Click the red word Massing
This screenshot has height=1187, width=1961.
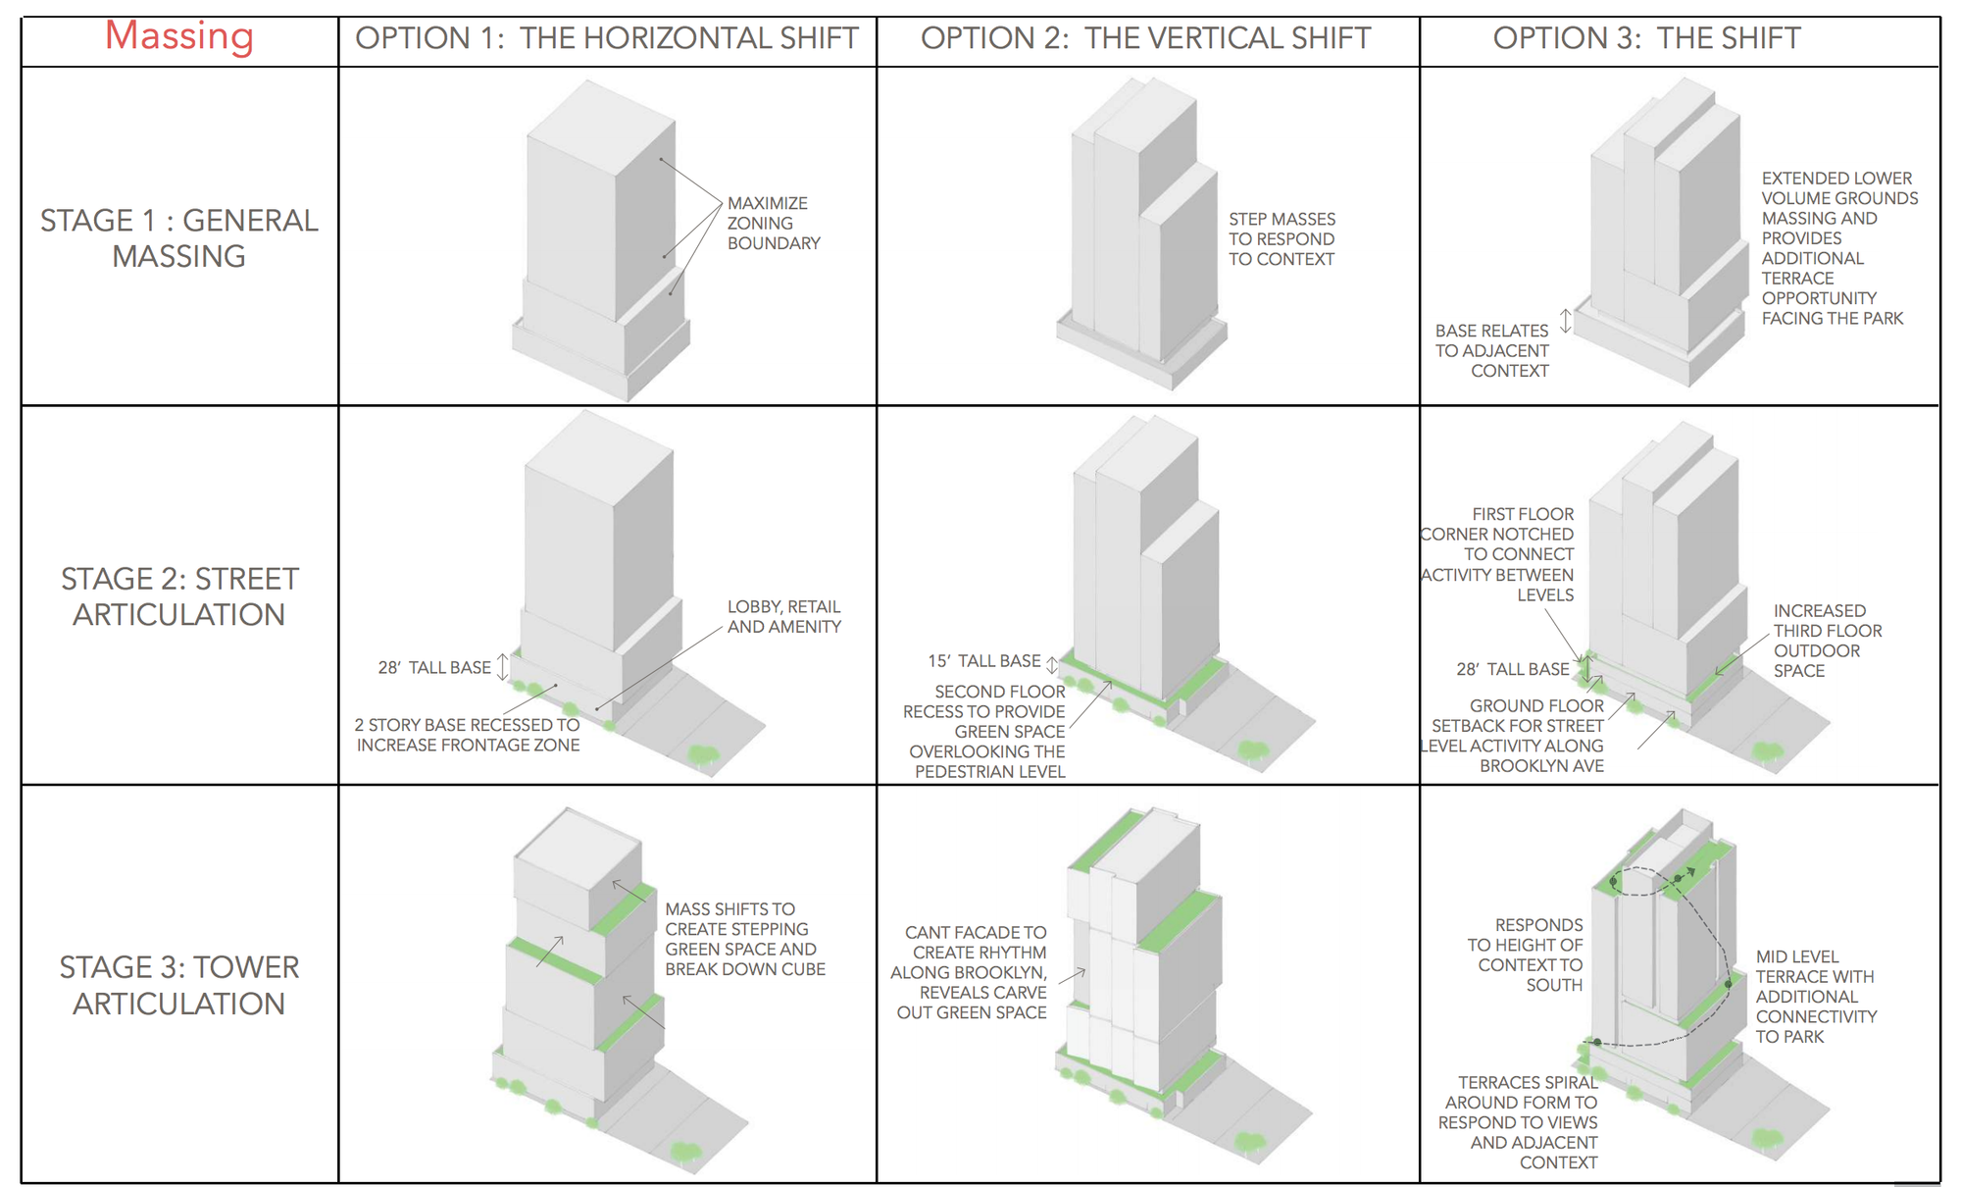pyautogui.click(x=179, y=36)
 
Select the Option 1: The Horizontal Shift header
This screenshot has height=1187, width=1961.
pyautogui.click(x=607, y=38)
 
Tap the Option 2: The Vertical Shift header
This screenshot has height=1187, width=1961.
pyautogui.click(x=1145, y=38)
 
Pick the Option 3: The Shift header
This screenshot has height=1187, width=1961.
pyautogui.click(x=1646, y=38)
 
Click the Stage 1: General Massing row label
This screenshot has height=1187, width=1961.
pyautogui.click(x=179, y=238)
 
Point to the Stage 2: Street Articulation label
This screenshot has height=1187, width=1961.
pyautogui.click(x=179, y=596)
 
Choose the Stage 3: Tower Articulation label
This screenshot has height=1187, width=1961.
pyautogui.click(x=179, y=985)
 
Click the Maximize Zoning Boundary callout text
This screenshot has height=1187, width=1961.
pyautogui.click(x=773, y=223)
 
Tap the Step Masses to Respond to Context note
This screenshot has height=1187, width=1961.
pyautogui.click(x=1282, y=238)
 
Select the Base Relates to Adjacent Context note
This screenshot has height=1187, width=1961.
pyautogui.click(x=1492, y=350)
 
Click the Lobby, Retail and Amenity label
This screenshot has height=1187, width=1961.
pyautogui.click(x=783, y=616)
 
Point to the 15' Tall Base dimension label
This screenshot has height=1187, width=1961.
pyautogui.click(x=983, y=661)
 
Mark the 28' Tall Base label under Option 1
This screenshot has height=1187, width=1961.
pyautogui.click(x=434, y=668)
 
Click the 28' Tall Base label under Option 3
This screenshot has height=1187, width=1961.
pyautogui.click(x=1513, y=669)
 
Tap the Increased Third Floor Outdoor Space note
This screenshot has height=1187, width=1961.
pyautogui.click(x=1827, y=641)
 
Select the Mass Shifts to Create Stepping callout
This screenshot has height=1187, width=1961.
pyautogui.click(x=744, y=939)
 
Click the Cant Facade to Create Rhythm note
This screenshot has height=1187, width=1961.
pyautogui.click(x=971, y=972)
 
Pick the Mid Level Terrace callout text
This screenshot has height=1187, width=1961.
pyautogui.click(x=1815, y=996)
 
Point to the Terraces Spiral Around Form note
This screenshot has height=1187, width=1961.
pyautogui.click(x=1519, y=1122)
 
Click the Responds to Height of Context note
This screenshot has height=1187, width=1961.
pyautogui.click(x=1526, y=955)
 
